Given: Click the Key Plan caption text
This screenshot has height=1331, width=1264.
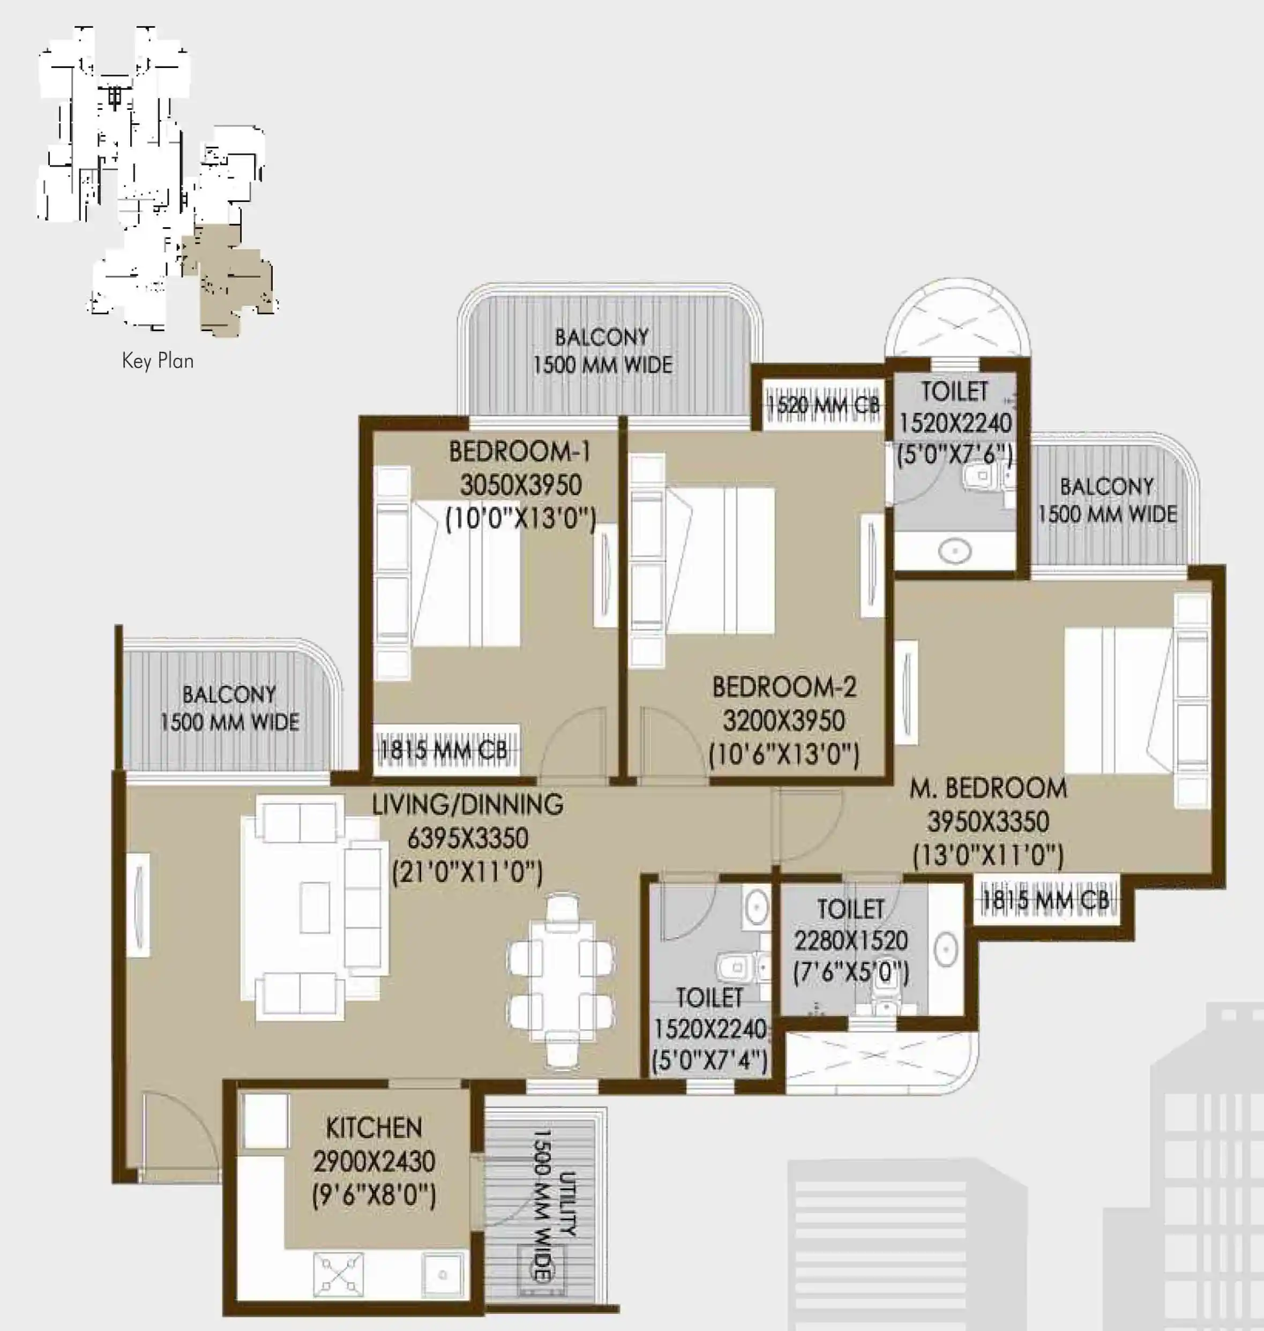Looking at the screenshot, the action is click(x=158, y=361).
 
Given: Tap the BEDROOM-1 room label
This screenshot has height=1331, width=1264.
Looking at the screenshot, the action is click(x=520, y=452).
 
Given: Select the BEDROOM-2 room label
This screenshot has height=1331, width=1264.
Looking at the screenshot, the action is click(x=784, y=687).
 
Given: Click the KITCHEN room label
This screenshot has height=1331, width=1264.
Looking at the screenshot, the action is click(x=374, y=1127).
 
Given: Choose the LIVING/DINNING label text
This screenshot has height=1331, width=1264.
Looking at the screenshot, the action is click(x=468, y=804).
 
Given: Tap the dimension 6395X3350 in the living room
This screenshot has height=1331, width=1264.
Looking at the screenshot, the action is click(x=468, y=839).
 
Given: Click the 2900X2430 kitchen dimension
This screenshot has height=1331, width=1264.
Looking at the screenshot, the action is click(x=374, y=1161).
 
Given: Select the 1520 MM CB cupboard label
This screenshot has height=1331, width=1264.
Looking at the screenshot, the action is click(x=824, y=405).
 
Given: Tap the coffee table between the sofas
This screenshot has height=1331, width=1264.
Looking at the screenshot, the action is click(x=315, y=907).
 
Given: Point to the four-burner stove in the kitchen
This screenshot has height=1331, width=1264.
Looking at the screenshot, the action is click(x=338, y=1273).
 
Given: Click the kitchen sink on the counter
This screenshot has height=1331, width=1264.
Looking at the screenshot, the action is click(x=443, y=1274).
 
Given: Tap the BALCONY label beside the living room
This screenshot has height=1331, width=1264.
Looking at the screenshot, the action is click(x=229, y=694).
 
